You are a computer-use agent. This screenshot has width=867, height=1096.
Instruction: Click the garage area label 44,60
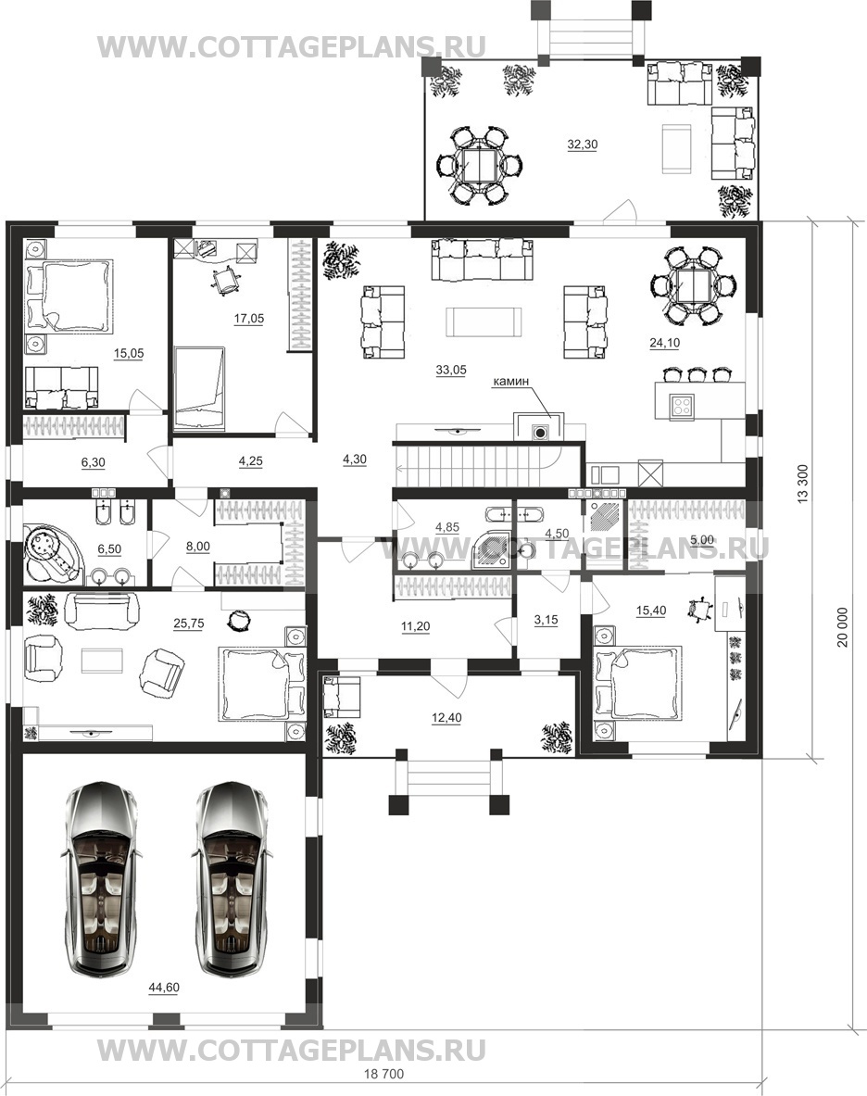(x=163, y=987)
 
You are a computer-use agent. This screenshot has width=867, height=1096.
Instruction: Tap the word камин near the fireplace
(x=511, y=381)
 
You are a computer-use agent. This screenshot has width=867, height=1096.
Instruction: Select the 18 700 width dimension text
(x=384, y=1073)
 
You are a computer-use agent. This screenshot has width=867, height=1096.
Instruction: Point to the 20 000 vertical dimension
(x=843, y=626)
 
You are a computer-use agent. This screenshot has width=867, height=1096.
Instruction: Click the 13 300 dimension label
(x=802, y=483)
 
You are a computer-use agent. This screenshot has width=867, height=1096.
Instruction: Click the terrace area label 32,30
(x=582, y=145)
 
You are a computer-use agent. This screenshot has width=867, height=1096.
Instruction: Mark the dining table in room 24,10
(x=692, y=286)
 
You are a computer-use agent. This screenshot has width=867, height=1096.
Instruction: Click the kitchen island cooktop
(x=681, y=407)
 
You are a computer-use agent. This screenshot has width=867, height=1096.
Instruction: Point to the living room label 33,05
(x=450, y=371)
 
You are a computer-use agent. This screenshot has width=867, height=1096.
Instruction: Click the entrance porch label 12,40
(x=446, y=718)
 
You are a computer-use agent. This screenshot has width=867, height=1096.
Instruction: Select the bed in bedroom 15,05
(x=69, y=295)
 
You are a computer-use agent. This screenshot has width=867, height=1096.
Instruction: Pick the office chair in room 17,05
(x=226, y=281)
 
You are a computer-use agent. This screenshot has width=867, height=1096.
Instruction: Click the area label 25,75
(x=189, y=624)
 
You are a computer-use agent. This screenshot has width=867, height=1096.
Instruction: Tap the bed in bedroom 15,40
(x=637, y=683)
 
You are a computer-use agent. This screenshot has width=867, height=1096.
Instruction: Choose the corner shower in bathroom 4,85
(x=493, y=550)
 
